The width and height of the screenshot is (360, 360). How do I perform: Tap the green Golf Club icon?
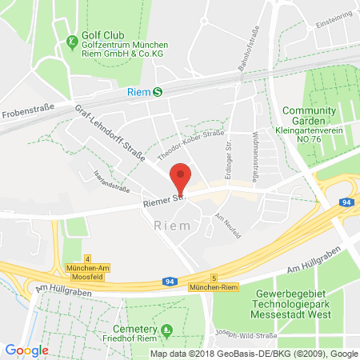[72, 42]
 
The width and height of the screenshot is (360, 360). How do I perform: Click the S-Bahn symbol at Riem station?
[158, 92]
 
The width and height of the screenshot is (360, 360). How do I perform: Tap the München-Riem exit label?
[210, 285]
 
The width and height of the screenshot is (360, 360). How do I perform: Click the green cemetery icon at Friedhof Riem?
[166, 330]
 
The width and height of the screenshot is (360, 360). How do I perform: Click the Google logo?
[26, 350]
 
